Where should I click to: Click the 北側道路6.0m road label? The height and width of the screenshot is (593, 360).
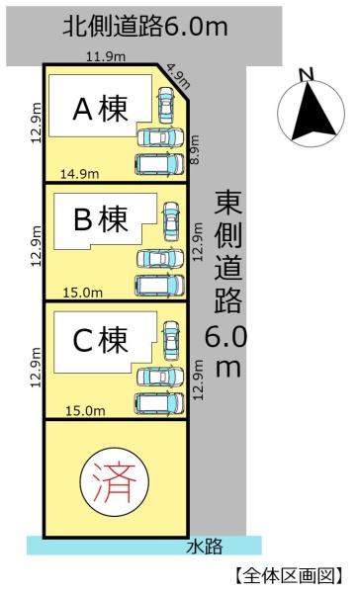point(145,27)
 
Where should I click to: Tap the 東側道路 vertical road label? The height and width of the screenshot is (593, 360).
point(227,251)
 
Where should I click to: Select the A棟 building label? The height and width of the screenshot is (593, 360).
point(100,109)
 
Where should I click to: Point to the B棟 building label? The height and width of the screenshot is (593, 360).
point(101,219)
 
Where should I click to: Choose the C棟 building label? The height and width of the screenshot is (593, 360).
point(100,340)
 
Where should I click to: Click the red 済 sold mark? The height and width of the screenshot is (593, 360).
point(115,481)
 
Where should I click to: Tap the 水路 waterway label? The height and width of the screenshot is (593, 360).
point(205,547)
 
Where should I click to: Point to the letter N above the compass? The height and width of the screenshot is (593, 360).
point(308,74)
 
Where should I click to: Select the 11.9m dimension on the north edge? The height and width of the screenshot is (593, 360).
point(106,56)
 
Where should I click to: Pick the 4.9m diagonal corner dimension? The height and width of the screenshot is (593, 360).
point(178,76)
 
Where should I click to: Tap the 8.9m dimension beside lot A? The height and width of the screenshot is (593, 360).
point(194,149)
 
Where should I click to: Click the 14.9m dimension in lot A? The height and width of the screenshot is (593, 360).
point(80,174)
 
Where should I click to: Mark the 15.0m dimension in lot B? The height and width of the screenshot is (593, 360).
point(82,293)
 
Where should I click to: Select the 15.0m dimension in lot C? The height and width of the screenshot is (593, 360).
point(86,411)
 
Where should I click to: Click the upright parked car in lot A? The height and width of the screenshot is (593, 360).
point(165,105)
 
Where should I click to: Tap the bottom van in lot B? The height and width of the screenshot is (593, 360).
point(160,286)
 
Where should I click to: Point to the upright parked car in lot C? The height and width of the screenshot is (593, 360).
point(171,340)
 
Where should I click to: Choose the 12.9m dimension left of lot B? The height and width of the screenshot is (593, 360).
point(36,246)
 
